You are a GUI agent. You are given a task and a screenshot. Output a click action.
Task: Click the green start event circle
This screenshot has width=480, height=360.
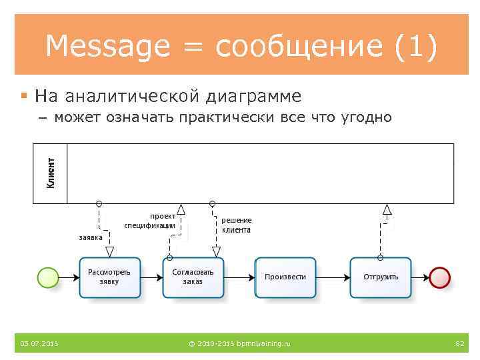pos(49,277)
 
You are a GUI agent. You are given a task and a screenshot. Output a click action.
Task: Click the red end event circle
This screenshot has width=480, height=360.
pos(441,277)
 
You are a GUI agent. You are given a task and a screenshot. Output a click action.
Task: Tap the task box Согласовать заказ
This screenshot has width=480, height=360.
pos(193,277)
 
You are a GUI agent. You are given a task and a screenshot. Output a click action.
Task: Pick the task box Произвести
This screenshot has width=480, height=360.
pos(285,277)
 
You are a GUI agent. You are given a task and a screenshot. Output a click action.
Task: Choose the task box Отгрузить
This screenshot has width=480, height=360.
pos(381,277)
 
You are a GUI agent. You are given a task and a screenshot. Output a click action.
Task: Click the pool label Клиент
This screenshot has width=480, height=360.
pos(51,173)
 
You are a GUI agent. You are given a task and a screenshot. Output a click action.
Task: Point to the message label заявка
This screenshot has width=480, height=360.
pos(91,237)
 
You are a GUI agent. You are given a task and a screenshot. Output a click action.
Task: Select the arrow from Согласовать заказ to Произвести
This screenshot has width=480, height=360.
pos(239,277)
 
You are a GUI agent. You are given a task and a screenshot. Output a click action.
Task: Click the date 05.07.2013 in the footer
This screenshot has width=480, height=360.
pos(39,343)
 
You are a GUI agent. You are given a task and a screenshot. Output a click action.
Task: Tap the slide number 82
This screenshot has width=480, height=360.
pos(459,343)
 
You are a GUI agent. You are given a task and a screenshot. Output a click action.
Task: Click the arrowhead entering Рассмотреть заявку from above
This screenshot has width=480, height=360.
pos(110,252)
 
